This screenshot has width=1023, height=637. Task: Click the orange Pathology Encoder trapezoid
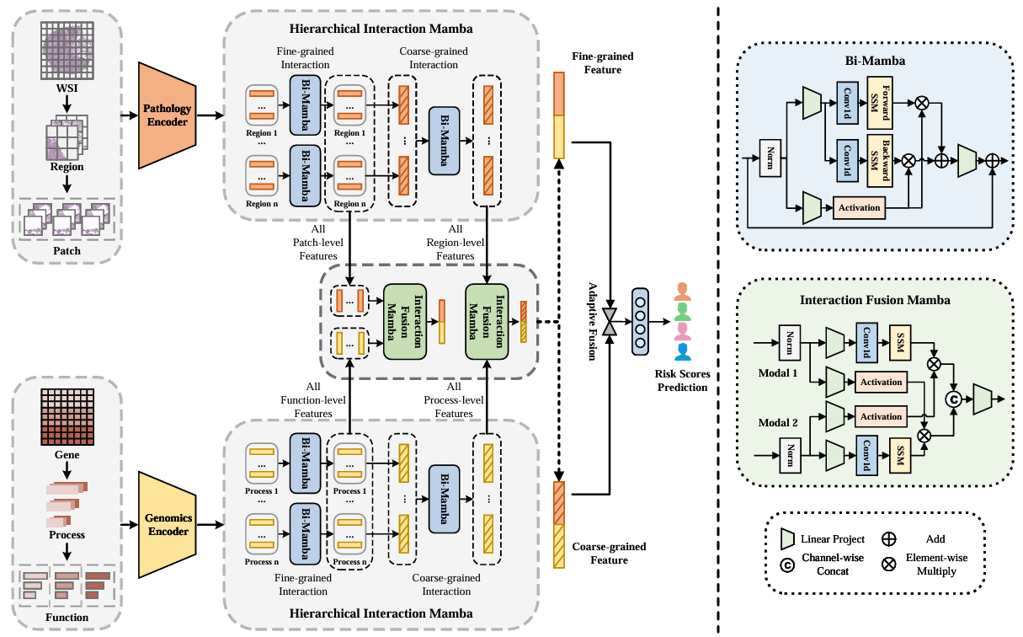[x=168, y=115]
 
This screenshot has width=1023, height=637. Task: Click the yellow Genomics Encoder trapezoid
[x=168, y=525]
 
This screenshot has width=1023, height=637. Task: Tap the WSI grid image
[x=67, y=51]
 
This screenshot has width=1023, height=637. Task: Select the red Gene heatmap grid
[x=67, y=417]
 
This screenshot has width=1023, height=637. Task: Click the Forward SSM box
[x=880, y=103]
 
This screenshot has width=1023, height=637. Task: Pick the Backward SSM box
[x=880, y=161]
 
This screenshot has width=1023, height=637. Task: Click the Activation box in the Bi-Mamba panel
[x=859, y=208]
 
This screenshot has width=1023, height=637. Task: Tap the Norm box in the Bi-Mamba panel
[x=770, y=158]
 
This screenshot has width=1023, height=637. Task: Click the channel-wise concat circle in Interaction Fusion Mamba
[x=953, y=399]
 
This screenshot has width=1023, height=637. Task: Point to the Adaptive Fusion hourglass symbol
[x=610, y=322]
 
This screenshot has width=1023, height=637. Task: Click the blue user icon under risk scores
[x=682, y=352]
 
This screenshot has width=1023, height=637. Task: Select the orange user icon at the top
[x=682, y=292]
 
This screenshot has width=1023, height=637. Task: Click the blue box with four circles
[x=640, y=322]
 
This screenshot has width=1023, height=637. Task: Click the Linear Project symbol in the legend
[x=788, y=539]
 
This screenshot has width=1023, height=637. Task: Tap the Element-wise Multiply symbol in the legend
[x=889, y=565]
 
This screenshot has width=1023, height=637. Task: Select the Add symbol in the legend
[x=889, y=539]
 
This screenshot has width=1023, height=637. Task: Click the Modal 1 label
[x=778, y=373]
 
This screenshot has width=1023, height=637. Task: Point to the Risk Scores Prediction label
[x=682, y=381]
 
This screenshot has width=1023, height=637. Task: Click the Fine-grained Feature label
[x=603, y=63]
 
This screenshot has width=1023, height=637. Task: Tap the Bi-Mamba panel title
[x=875, y=61]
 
